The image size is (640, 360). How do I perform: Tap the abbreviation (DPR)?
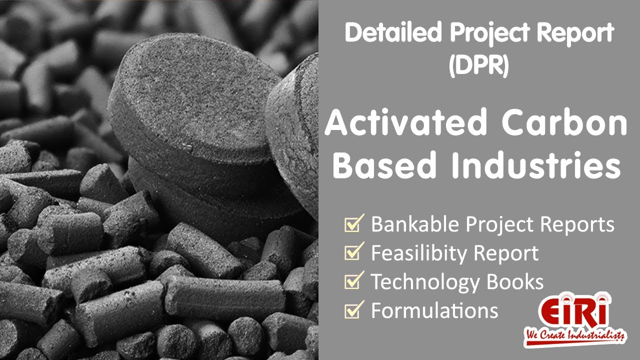(x=478, y=65)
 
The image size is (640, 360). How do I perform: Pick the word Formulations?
(x=434, y=311)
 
